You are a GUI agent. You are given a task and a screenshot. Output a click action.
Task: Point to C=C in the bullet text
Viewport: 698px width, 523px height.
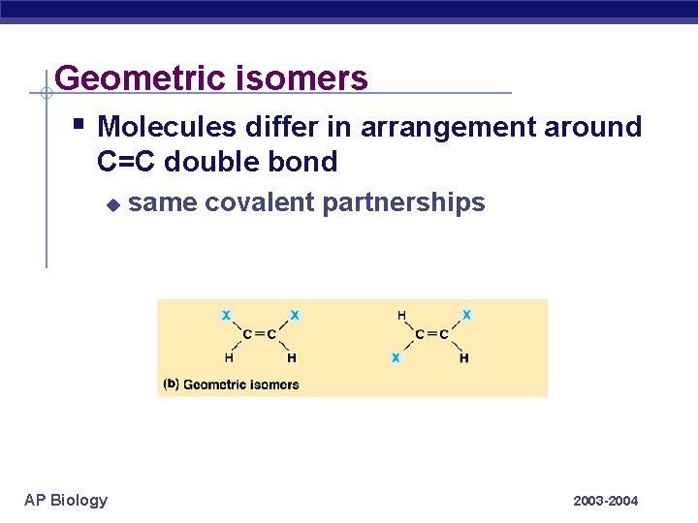(x=127, y=162)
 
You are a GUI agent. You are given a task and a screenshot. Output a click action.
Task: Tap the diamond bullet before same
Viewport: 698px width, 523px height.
(x=112, y=204)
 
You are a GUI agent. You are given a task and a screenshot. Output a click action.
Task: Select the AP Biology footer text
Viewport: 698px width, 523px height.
(x=66, y=500)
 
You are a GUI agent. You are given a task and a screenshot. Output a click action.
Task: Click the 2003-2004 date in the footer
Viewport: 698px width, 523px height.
(x=606, y=501)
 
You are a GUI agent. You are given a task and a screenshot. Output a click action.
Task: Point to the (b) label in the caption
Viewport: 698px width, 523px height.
(x=171, y=384)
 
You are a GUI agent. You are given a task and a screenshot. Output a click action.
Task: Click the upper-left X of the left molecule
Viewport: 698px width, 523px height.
(x=226, y=315)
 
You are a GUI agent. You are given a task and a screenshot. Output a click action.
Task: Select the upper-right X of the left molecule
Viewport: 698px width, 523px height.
(x=295, y=315)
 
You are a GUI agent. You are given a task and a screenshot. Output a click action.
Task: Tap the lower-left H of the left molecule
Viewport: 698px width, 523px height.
(x=229, y=357)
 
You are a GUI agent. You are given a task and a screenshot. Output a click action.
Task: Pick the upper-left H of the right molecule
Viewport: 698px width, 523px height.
(x=401, y=315)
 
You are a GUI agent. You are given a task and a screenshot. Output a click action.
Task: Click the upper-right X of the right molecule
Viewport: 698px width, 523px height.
(x=466, y=315)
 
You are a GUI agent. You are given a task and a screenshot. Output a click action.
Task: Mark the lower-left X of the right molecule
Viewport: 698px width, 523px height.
(x=396, y=357)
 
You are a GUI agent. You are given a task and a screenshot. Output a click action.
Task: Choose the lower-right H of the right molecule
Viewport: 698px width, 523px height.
(x=464, y=357)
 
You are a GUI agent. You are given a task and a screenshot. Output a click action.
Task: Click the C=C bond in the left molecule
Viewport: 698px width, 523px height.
(x=260, y=335)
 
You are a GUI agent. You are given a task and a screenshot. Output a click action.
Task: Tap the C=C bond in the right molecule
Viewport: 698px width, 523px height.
(x=431, y=335)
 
